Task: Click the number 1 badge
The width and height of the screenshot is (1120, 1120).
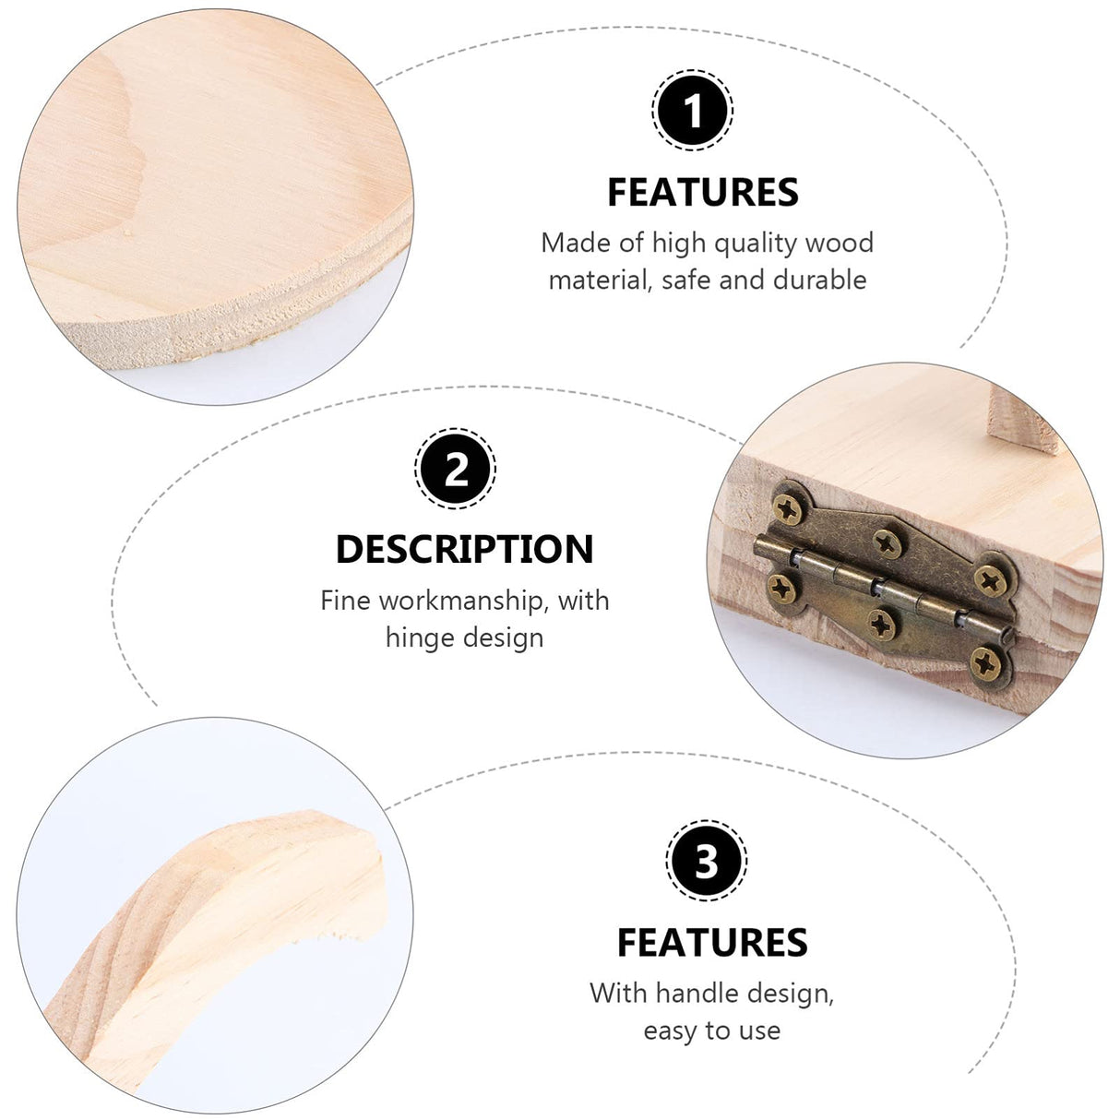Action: (693, 111)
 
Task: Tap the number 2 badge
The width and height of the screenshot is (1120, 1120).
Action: (456, 470)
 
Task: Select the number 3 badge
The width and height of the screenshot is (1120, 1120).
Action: (706, 862)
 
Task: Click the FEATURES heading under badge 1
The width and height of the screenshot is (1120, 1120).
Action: (703, 193)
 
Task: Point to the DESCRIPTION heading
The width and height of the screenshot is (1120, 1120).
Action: (464, 549)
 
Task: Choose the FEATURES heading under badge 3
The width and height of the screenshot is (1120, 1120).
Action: (712, 943)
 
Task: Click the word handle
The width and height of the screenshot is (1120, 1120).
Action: (698, 994)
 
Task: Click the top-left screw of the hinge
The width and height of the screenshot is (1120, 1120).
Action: (788, 506)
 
